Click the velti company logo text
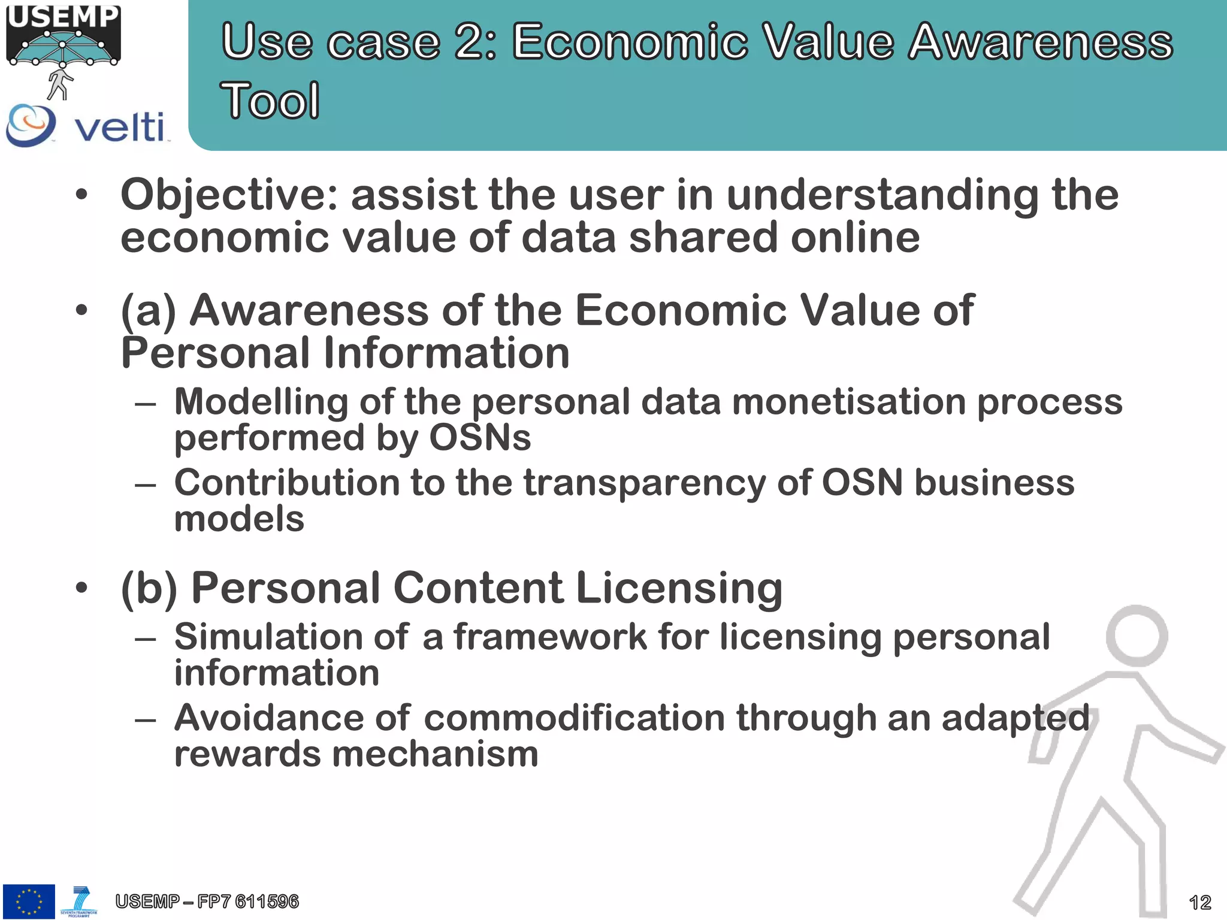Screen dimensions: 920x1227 (119, 127)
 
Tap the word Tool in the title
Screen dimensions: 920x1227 (270, 101)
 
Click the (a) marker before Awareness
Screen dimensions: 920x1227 (149, 311)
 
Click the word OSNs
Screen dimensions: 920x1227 (480, 438)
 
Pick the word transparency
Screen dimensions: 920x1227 (645, 483)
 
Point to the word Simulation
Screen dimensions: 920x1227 (267, 637)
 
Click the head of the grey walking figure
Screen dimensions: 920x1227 (1136, 635)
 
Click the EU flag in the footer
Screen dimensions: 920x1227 (29, 901)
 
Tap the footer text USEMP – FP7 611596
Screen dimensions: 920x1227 (207, 901)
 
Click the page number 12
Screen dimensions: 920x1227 (1199, 902)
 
